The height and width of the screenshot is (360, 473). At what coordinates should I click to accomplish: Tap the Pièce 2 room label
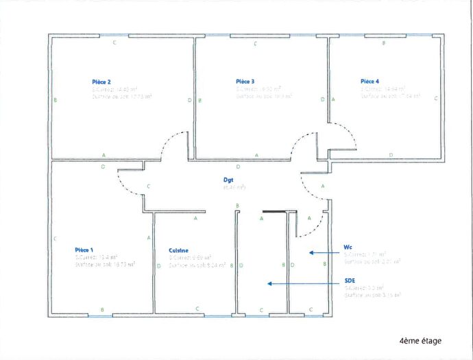tap(102, 82)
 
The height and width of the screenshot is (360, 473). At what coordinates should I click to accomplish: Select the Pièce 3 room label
tap(245, 81)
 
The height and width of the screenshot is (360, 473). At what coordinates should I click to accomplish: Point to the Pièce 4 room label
tap(369, 81)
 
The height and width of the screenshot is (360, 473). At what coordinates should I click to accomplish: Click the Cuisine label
tap(179, 251)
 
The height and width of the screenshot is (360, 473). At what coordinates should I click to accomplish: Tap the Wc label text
tap(348, 246)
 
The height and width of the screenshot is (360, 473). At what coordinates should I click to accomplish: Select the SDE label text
tap(350, 281)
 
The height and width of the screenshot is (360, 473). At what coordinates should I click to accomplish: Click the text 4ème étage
tap(420, 341)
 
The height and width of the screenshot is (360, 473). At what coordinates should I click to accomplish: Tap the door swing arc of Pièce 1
tap(126, 187)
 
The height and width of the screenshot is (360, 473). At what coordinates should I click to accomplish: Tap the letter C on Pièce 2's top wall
tap(114, 43)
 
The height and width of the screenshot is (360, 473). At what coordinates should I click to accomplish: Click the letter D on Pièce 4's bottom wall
tap(391, 156)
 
